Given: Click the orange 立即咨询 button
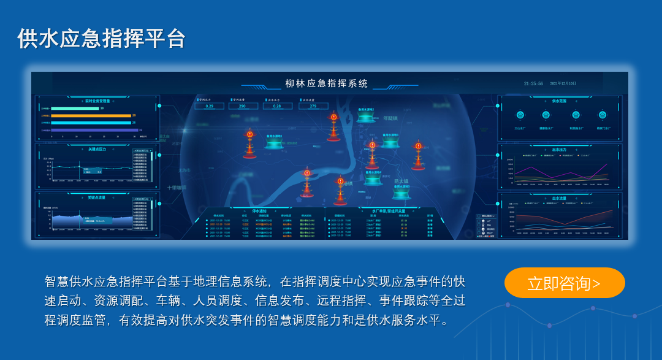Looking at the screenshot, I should click(x=564, y=283).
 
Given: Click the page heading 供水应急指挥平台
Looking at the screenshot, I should click(x=101, y=38).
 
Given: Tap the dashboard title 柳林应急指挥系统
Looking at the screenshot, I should click(x=327, y=83).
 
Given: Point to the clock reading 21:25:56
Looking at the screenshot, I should click(x=533, y=83).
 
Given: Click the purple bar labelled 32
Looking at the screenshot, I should click(x=94, y=130).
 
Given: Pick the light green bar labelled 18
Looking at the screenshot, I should click(x=74, y=109).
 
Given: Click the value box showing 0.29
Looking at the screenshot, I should click(x=210, y=106).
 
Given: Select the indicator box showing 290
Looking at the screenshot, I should click(x=243, y=106).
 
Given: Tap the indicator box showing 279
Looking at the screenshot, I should click(x=313, y=106).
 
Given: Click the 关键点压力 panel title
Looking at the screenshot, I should click(x=97, y=148).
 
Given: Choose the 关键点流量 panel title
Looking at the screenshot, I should click(x=97, y=197).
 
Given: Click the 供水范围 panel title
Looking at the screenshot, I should click(x=559, y=101).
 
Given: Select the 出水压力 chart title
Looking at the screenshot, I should click(x=559, y=149).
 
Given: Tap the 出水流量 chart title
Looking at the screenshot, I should click(x=559, y=198).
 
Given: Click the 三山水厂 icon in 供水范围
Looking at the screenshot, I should click(x=520, y=115).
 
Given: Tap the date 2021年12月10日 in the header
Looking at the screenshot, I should click(x=563, y=83).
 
